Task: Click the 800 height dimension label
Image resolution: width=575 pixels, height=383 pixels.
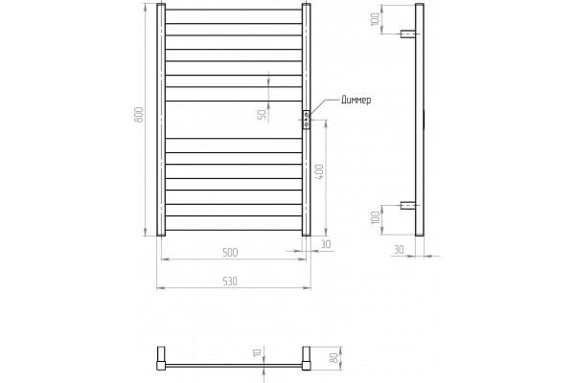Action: pos(139,115)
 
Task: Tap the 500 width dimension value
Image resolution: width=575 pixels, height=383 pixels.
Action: pos(230,253)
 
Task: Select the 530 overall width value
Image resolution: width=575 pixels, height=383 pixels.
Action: pos(230,282)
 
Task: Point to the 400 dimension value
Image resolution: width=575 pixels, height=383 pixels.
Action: pos(319,171)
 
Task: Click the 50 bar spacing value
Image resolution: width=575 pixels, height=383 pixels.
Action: pos(263,114)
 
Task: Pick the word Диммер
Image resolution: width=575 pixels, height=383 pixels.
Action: pos(356,100)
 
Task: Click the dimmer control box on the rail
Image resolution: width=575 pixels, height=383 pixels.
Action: pos(307,119)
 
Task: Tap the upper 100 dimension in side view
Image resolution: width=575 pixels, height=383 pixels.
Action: pos(375,19)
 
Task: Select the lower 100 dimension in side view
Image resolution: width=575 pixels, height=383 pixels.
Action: pos(375,217)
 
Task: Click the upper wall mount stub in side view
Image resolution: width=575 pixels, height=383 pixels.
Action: pos(408,34)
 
